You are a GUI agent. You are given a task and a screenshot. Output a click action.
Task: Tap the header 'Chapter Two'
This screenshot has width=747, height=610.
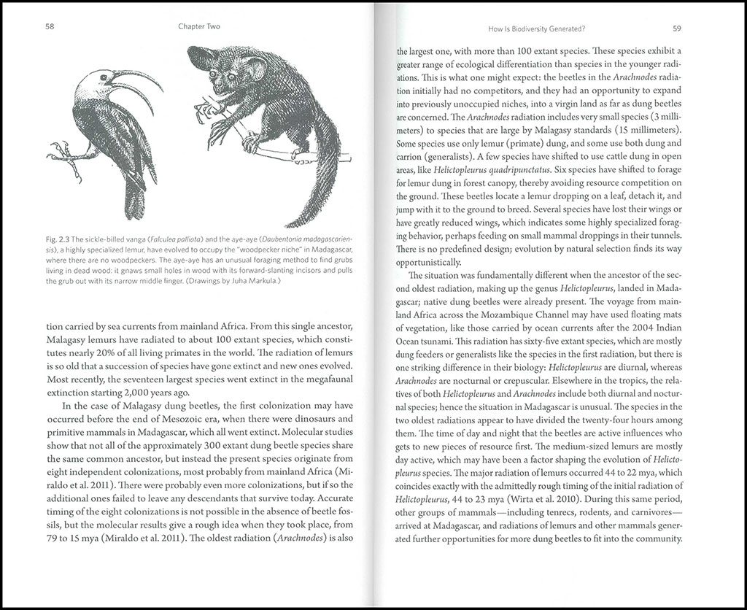(x=198, y=27)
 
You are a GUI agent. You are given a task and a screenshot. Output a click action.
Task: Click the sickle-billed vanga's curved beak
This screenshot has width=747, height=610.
(x=135, y=82)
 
